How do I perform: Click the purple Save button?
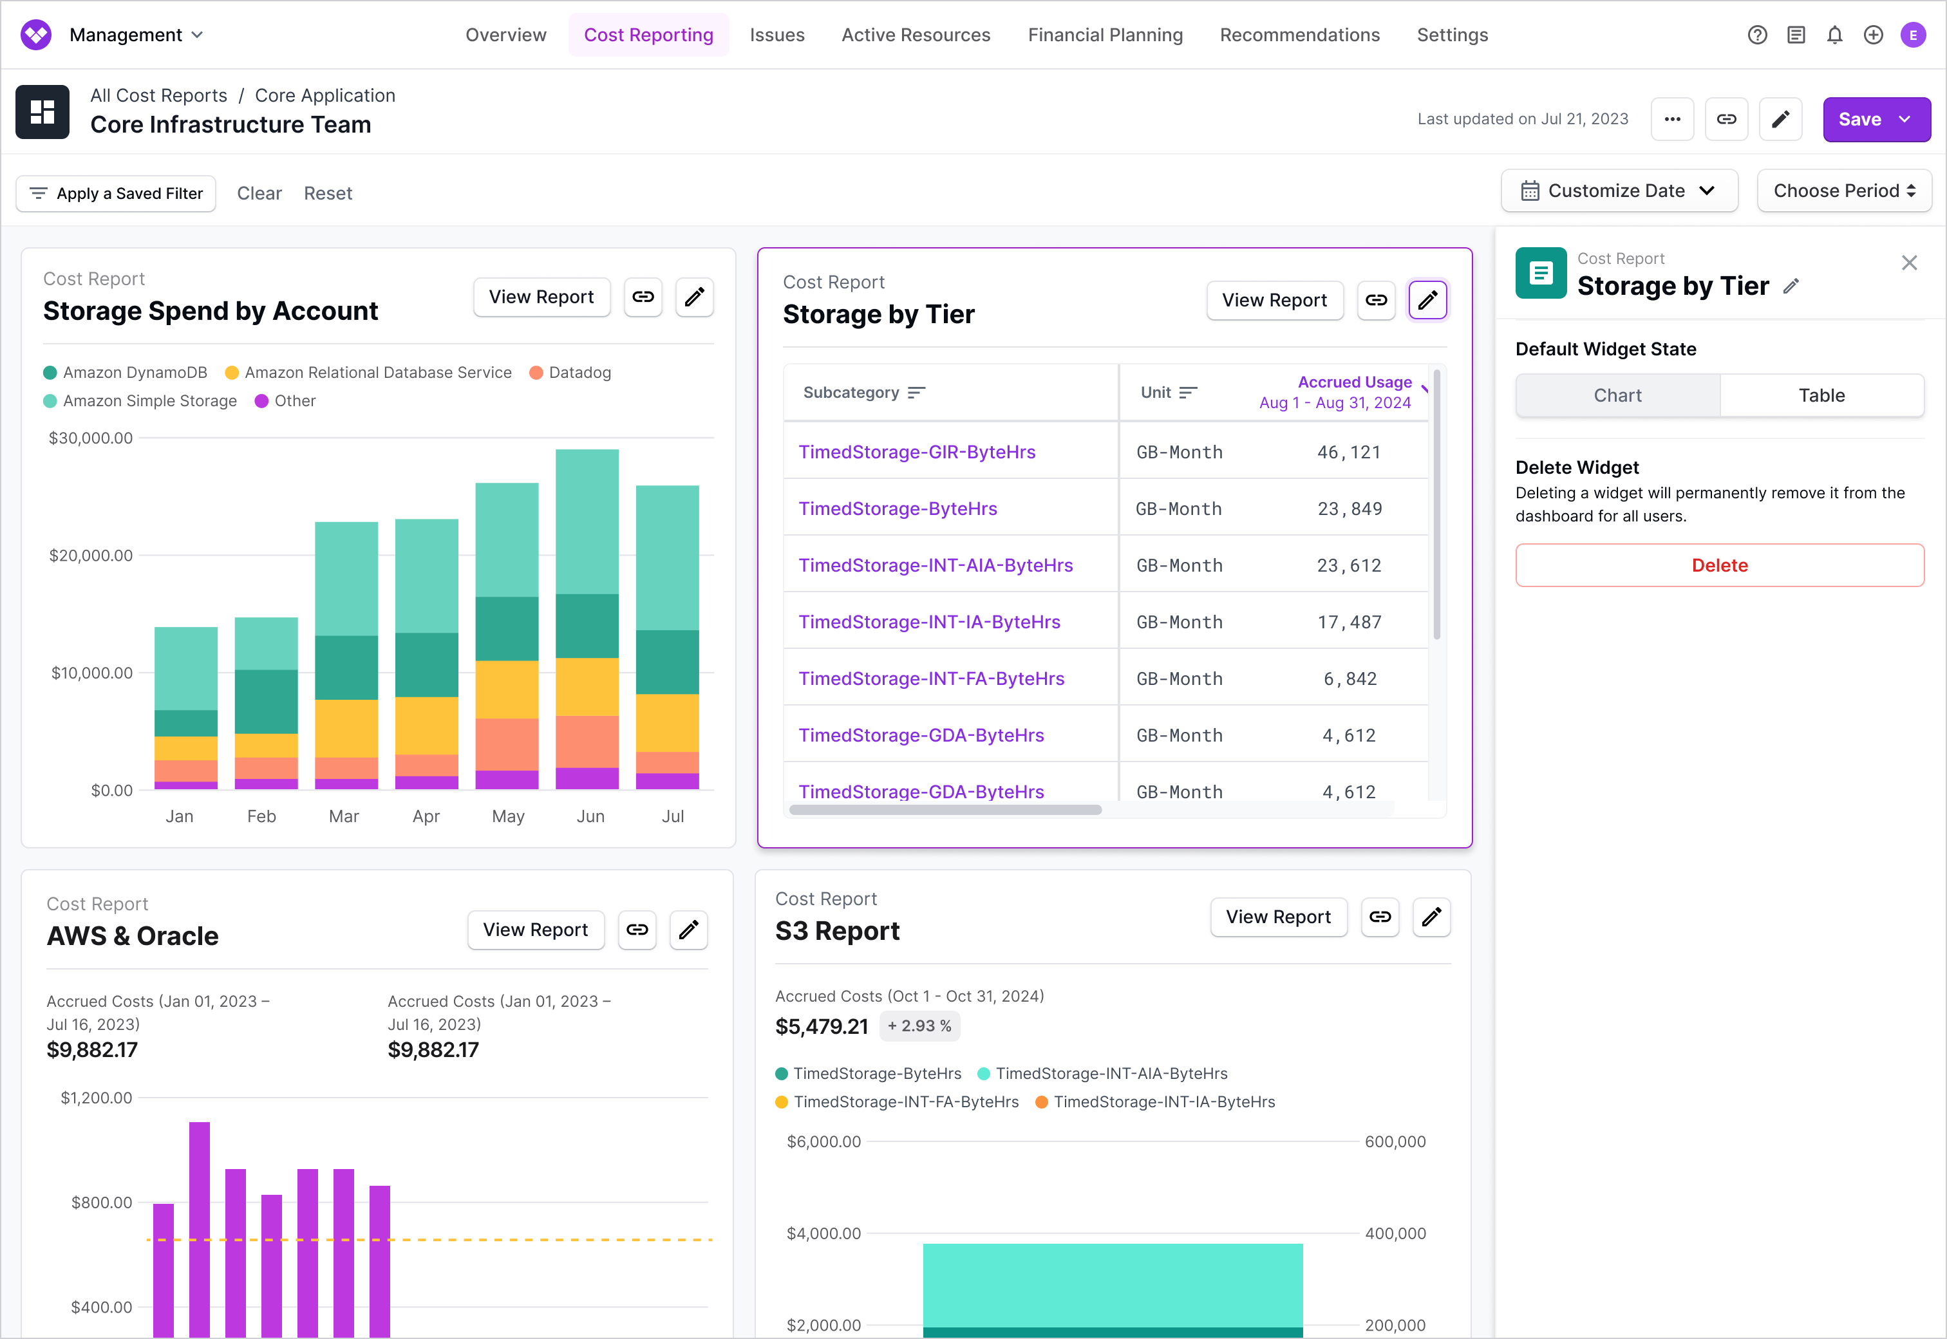click(x=1859, y=119)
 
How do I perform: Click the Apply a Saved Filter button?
click(x=117, y=194)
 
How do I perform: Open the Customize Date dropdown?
click(x=1618, y=191)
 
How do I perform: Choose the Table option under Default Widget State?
click(x=1821, y=396)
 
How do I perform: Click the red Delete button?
click(x=1719, y=565)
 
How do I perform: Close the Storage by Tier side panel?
click(x=1909, y=263)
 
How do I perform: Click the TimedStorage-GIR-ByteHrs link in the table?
click(x=917, y=452)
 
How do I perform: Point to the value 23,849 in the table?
click(x=1349, y=509)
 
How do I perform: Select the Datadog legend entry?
click(x=579, y=373)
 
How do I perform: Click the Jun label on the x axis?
click(x=590, y=816)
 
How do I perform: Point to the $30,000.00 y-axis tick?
click(x=91, y=438)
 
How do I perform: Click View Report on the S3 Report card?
click(x=1277, y=917)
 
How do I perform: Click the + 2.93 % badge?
click(x=919, y=1026)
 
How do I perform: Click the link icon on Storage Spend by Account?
click(x=643, y=297)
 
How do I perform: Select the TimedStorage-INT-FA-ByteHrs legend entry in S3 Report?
click(x=906, y=1102)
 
